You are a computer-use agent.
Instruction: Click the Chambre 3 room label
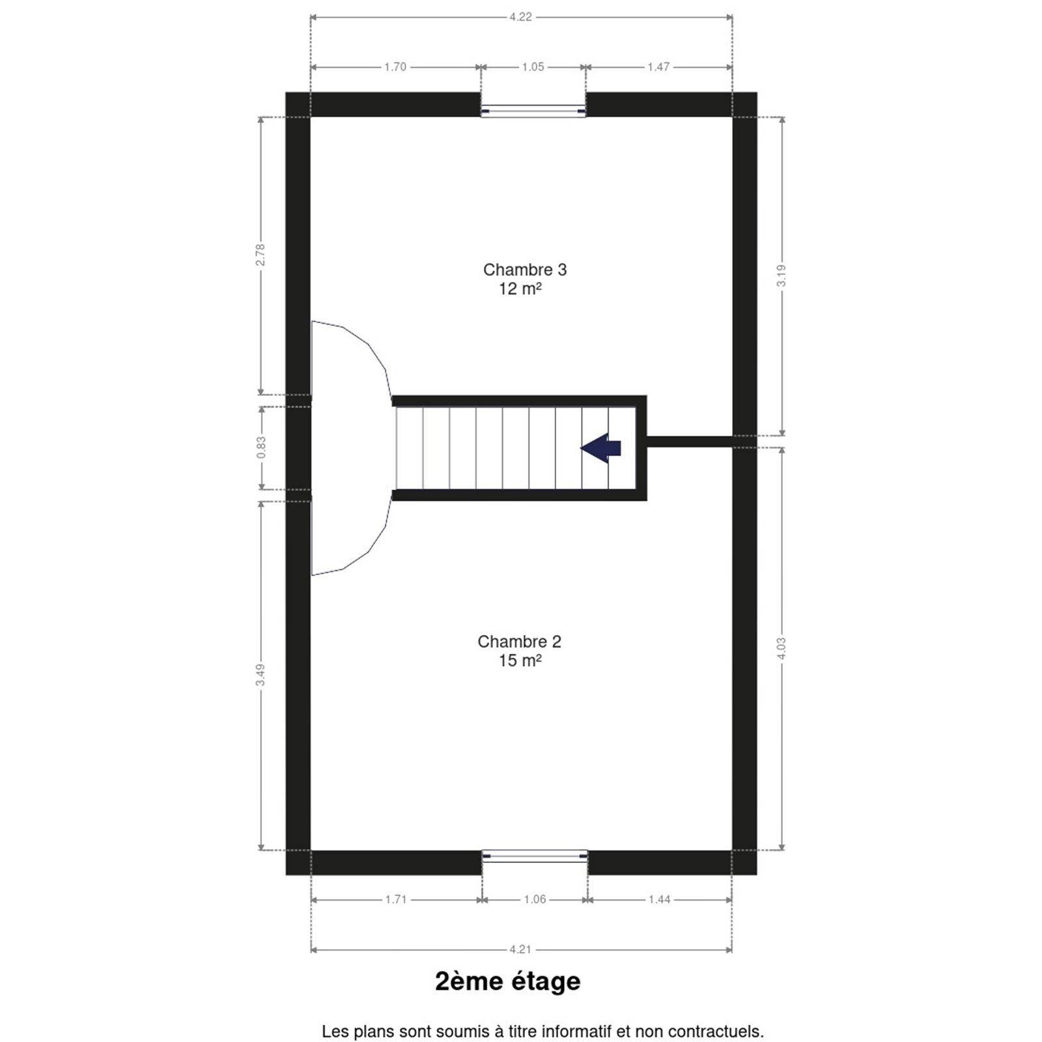click(525, 270)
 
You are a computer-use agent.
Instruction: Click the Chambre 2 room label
click(519, 641)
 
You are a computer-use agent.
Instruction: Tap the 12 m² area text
click(520, 289)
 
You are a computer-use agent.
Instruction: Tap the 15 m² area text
click(520, 660)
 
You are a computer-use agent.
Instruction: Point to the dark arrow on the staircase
click(600, 448)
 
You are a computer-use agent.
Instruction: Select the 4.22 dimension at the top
click(520, 17)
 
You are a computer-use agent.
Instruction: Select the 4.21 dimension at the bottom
click(520, 950)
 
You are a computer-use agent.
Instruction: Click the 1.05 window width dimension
click(533, 66)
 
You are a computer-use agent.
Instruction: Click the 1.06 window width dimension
click(535, 899)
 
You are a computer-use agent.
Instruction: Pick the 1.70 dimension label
click(395, 66)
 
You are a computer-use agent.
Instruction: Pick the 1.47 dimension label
click(658, 66)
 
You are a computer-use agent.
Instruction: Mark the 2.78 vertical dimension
click(260, 255)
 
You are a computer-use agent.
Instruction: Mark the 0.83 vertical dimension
click(261, 447)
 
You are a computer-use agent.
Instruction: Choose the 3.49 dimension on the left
click(260, 675)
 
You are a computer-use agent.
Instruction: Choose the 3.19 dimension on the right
click(782, 275)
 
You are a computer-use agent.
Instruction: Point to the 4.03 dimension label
click(782, 648)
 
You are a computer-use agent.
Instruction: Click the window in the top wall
click(533, 111)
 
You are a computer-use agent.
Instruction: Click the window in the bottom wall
click(535, 855)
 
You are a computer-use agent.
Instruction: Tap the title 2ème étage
click(508, 981)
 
